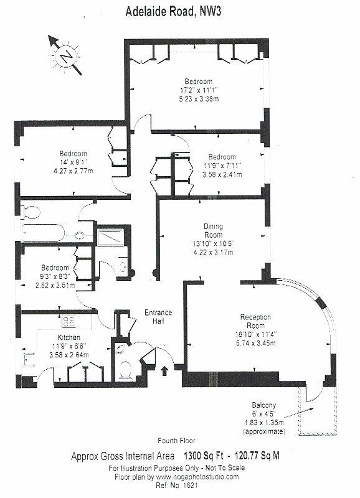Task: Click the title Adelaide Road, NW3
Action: pyautogui.click(x=173, y=12)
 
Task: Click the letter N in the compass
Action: pyautogui.click(x=67, y=57)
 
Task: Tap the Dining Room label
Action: pyautogui.click(x=213, y=230)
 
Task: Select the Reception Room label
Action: pyautogui.click(x=255, y=321)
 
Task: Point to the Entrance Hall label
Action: pyautogui.click(x=158, y=317)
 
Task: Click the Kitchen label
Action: pyautogui.click(x=69, y=337)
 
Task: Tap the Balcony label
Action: pyautogui.click(x=263, y=405)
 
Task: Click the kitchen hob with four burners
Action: pyautogui.click(x=69, y=321)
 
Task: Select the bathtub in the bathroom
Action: pyautogui.click(x=43, y=232)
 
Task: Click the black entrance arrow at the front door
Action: pyautogui.click(x=164, y=370)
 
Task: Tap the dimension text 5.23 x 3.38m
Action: pyautogui.click(x=199, y=99)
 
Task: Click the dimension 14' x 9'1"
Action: pyautogui.click(x=73, y=162)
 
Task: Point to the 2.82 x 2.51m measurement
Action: pyautogui.click(x=55, y=285)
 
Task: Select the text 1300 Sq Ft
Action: pyautogui.click(x=204, y=456)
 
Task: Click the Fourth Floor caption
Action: pyautogui.click(x=176, y=441)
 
